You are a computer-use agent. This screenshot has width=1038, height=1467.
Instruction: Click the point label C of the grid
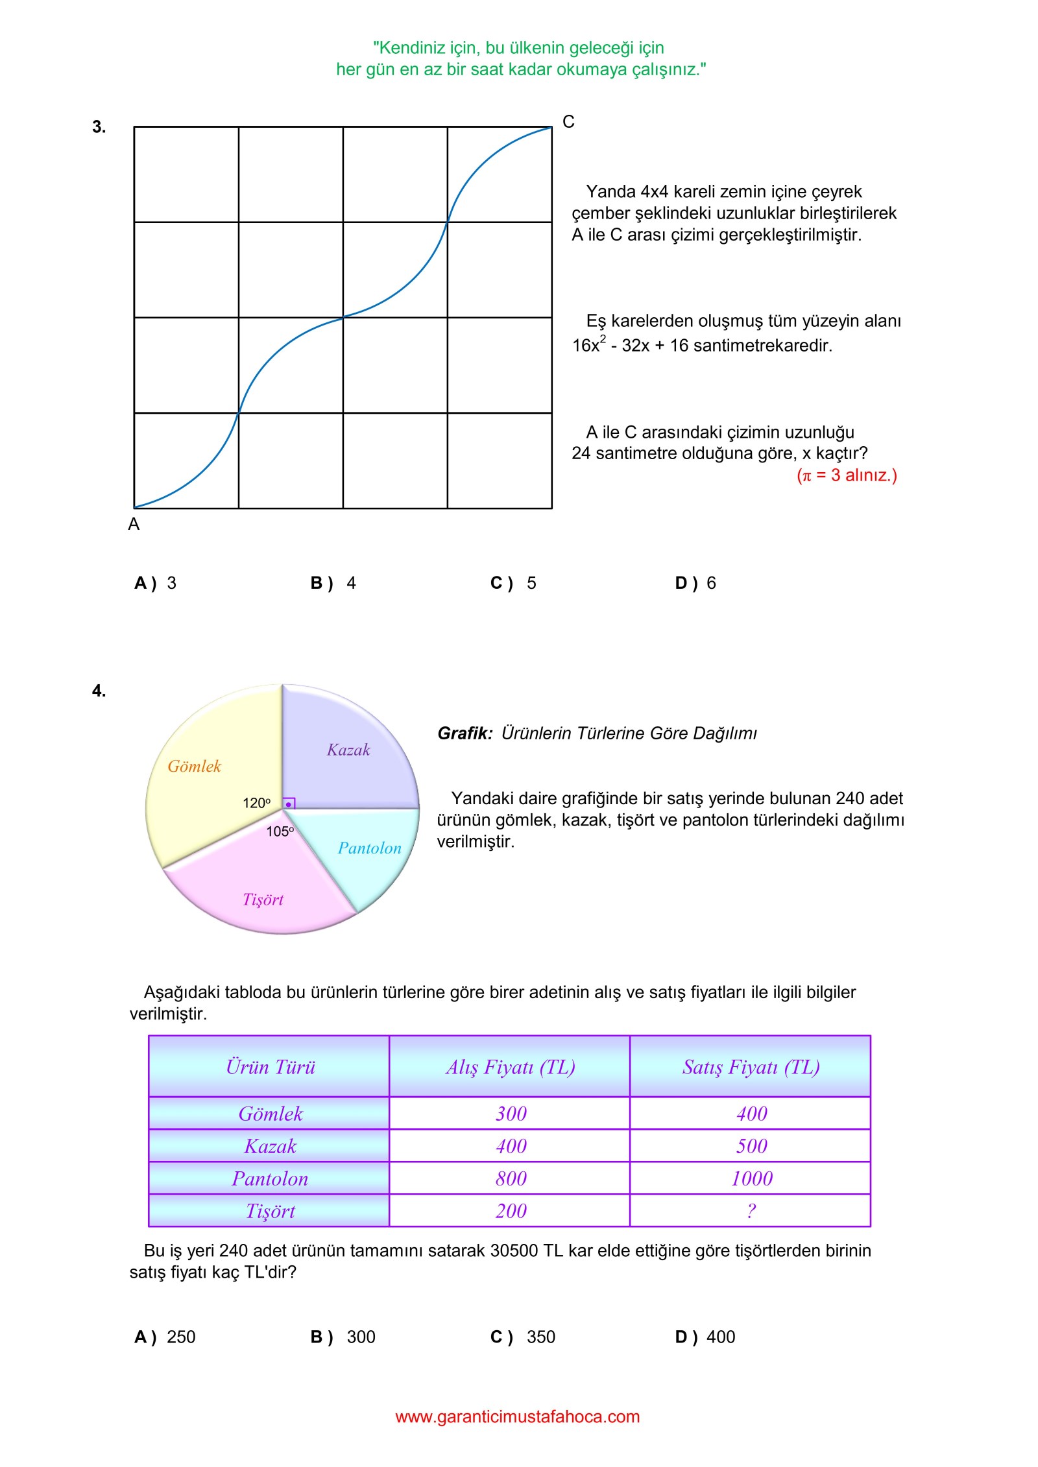coord(568,122)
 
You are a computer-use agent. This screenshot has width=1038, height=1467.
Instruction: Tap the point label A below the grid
coord(134,524)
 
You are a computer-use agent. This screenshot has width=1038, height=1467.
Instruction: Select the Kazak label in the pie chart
coord(348,750)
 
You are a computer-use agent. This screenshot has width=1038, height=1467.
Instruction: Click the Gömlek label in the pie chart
coord(194,767)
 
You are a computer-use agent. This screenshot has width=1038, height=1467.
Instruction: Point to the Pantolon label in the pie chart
coord(369,848)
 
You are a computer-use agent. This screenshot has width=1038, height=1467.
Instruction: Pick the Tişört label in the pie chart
coord(263,900)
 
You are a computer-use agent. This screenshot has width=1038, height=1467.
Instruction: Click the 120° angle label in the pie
coord(256,803)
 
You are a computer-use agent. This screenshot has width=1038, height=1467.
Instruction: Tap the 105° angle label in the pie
coord(280,831)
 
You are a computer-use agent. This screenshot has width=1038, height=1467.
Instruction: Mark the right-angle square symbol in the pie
coord(289,804)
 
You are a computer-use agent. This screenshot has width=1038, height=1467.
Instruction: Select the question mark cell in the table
coord(751,1211)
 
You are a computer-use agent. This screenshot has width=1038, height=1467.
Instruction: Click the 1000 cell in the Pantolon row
coord(751,1178)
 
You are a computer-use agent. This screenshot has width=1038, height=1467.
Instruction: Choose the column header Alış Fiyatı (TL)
coord(510,1067)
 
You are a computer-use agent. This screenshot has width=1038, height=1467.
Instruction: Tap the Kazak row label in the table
coord(270,1146)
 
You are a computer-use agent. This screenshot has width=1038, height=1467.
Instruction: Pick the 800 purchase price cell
coord(511,1178)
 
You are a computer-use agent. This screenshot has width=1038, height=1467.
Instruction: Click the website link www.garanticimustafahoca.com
coord(517,1416)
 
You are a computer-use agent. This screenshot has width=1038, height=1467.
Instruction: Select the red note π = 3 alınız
coord(847,475)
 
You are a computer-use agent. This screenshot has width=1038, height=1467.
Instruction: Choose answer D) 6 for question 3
coord(695,583)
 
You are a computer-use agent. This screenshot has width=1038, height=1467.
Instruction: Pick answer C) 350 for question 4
coord(523,1337)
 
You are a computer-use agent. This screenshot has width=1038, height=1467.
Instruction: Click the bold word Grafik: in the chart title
coord(465,733)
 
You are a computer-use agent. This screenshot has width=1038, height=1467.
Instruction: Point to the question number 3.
coord(99,127)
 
